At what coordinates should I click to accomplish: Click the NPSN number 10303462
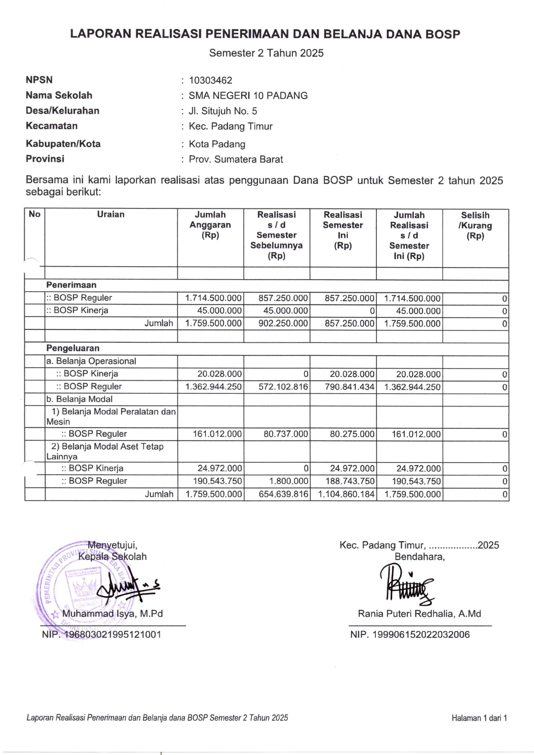[x=210, y=81]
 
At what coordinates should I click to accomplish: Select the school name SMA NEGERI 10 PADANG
[x=248, y=96]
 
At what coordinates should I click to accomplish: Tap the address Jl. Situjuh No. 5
[x=223, y=111]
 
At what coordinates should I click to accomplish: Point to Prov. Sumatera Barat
[x=236, y=159]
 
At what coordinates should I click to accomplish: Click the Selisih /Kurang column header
[x=475, y=225]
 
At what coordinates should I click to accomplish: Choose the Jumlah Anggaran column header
[x=210, y=225]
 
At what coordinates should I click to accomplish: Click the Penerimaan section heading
[x=71, y=285]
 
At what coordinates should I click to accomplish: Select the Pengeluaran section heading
[x=73, y=348]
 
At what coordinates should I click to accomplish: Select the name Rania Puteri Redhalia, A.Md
[x=419, y=614]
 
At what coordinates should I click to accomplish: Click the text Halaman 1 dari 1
[x=479, y=718]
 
